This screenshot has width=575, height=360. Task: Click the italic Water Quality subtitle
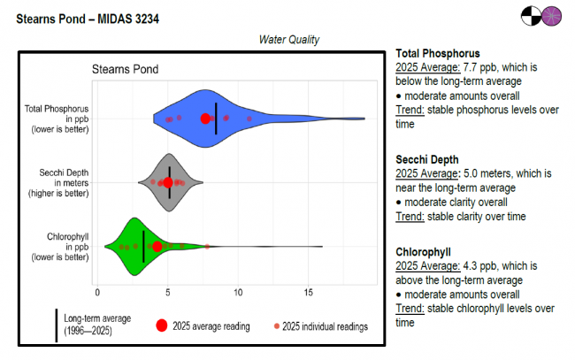click(288, 40)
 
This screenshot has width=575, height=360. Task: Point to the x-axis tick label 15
click(309, 291)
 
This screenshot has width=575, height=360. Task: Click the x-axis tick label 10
click(237, 291)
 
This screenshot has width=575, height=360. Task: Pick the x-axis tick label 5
click(167, 291)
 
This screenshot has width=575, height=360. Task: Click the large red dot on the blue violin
click(206, 119)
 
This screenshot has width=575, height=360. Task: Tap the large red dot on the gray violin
click(168, 183)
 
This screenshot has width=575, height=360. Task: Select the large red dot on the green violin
click(157, 247)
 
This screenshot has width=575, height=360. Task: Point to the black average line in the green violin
click(144, 247)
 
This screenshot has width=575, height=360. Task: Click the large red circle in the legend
click(161, 326)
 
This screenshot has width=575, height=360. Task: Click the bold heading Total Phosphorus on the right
click(438, 53)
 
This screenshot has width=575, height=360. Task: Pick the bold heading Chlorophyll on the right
click(423, 252)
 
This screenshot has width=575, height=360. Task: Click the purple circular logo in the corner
click(552, 16)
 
